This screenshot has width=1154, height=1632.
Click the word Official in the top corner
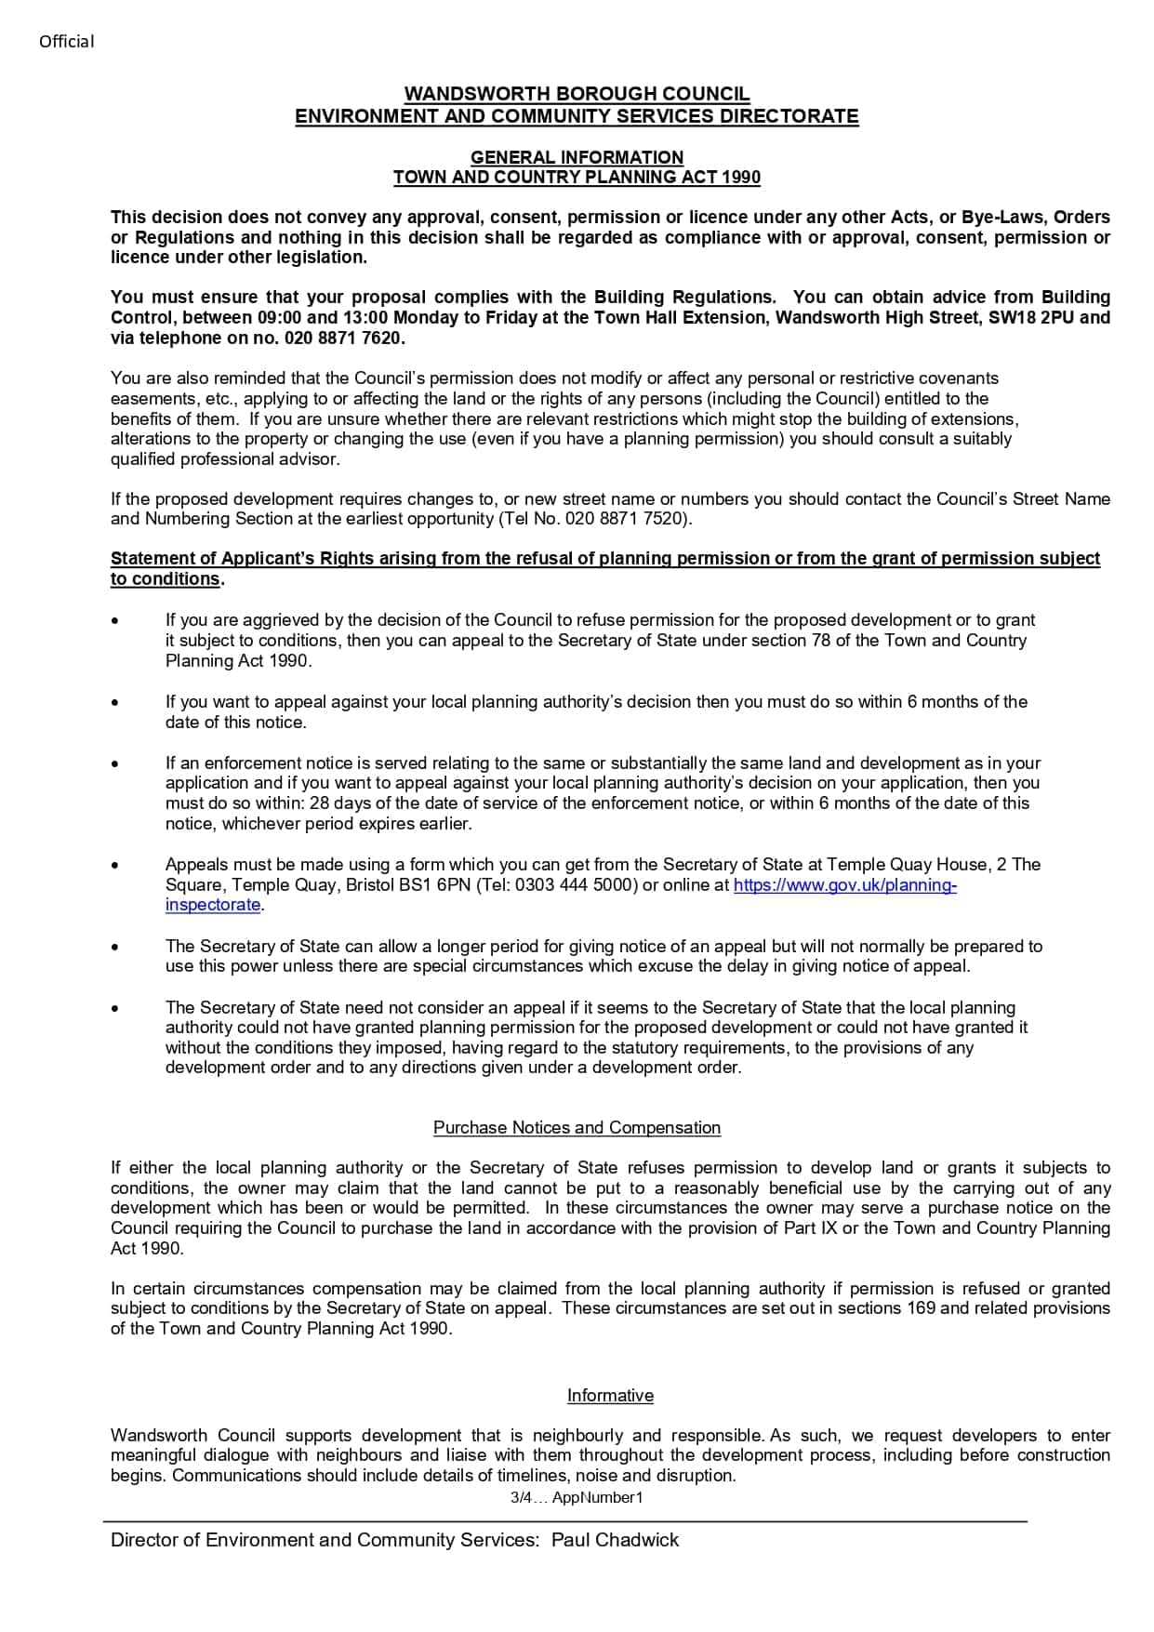66,41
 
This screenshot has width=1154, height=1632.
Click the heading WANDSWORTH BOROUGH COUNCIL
577,94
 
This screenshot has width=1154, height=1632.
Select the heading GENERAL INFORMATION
577,157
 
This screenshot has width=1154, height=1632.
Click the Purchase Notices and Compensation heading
577,1128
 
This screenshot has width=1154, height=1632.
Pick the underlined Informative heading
610,1396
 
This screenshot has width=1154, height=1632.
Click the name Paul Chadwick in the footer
615,1540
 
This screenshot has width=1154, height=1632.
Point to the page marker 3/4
520,1498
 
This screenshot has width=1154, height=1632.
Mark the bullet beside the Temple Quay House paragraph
114,866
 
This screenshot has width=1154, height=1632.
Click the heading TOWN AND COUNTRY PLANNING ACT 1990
577,177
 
